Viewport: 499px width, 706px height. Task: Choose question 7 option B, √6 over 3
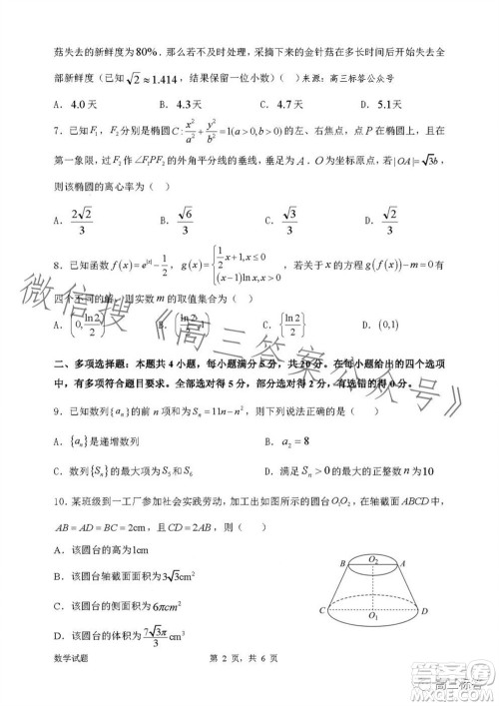(x=185, y=219)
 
